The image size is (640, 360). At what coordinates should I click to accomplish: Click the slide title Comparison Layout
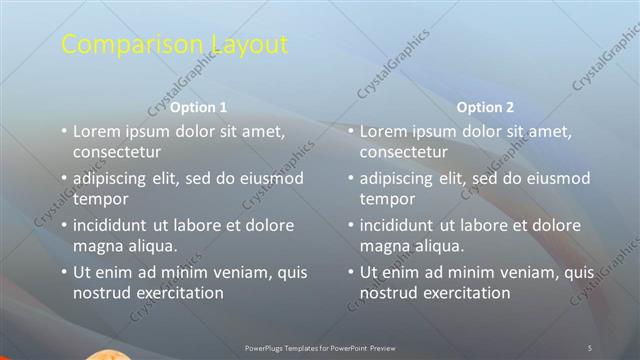(x=175, y=45)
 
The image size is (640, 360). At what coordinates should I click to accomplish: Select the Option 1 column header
(x=199, y=107)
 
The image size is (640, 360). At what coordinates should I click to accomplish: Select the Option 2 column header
(x=486, y=107)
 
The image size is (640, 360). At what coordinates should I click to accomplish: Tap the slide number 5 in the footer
(x=590, y=347)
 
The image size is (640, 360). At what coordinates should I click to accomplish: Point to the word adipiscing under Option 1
(x=115, y=178)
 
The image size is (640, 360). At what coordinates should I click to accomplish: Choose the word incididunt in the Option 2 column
(x=403, y=224)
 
